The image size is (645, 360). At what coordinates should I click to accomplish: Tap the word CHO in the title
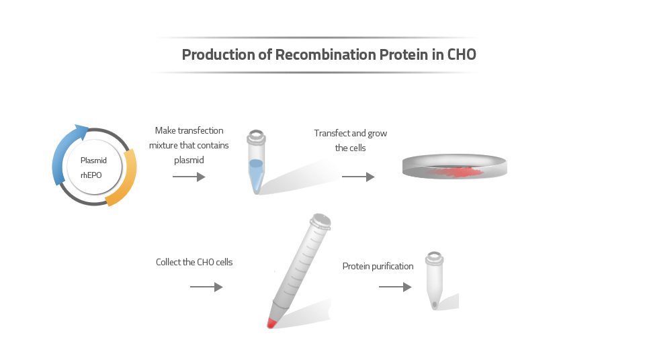pyautogui.click(x=462, y=55)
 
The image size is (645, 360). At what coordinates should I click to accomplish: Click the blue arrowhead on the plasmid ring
pyautogui.click(x=81, y=130)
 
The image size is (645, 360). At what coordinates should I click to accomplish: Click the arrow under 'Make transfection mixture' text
pyautogui.click(x=189, y=177)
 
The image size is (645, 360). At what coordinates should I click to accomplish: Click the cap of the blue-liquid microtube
pyautogui.click(x=255, y=138)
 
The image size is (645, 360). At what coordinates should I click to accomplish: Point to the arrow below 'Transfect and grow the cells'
pyautogui.click(x=358, y=177)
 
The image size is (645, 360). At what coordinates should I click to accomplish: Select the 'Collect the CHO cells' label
pyautogui.click(x=194, y=262)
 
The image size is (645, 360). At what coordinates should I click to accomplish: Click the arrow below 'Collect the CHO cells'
pyautogui.click(x=206, y=287)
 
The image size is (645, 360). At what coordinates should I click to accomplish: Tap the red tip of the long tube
pyautogui.click(x=271, y=323)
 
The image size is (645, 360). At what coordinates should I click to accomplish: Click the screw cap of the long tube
pyautogui.click(x=320, y=221)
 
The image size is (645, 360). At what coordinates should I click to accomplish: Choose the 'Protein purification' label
pyautogui.click(x=378, y=266)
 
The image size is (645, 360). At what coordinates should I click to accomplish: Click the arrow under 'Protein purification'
pyautogui.click(x=395, y=287)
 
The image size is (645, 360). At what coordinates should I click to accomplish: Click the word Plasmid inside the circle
pyautogui.click(x=93, y=161)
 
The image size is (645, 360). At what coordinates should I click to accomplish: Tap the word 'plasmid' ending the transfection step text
pyautogui.click(x=189, y=160)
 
